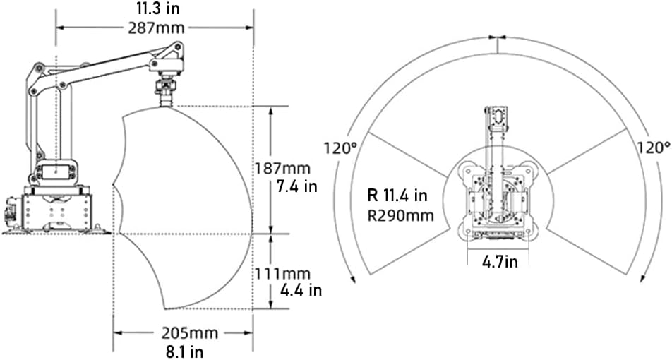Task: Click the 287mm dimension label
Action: click(157, 28)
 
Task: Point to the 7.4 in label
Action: click(296, 186)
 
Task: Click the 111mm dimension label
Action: click(282, 273)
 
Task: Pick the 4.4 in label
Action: click(301, 290)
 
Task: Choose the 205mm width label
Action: click(189, 333)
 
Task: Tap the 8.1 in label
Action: click(184, 352)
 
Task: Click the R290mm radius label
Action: click(401, 215)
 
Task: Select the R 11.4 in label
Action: click(397, 196)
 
